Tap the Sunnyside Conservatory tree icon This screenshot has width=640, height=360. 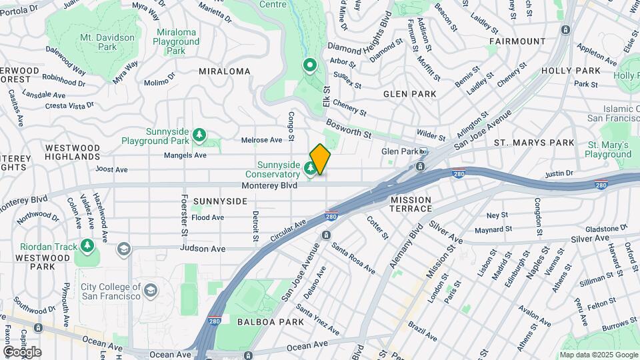tap(310, 167)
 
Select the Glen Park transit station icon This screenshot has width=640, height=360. tap(422, 152)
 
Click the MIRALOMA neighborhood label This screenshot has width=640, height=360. tap(224, 71)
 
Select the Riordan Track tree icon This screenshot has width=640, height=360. tap(87, 247)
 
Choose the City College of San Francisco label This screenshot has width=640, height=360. tap(111, 291)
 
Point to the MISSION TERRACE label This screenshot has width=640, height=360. tap(411, 204)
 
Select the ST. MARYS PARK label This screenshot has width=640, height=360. tap(534, 143)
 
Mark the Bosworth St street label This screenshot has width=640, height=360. tap(349, 129)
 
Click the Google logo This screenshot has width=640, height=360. tap(22, 352)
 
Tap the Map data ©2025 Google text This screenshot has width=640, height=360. tap(598, 355)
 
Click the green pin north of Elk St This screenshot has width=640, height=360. tap(309, 65)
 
